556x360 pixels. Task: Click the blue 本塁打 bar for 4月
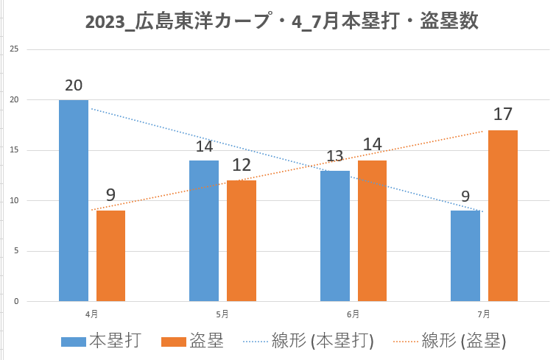74,200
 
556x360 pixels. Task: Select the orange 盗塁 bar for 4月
110,255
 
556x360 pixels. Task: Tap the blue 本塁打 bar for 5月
204,230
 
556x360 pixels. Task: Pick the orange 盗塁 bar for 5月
241,241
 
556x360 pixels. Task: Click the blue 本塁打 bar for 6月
335,236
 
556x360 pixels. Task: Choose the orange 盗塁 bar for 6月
372,230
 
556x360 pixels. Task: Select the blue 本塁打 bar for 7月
465,255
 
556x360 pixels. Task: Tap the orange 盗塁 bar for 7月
503,216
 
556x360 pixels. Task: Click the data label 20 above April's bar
74,85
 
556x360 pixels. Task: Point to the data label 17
503,115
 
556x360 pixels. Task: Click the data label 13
335,156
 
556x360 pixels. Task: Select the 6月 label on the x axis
353,314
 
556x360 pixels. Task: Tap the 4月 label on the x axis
91,314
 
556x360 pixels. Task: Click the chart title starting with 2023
282,21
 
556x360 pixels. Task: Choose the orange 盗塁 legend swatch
173,341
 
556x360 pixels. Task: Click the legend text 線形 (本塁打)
323,341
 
